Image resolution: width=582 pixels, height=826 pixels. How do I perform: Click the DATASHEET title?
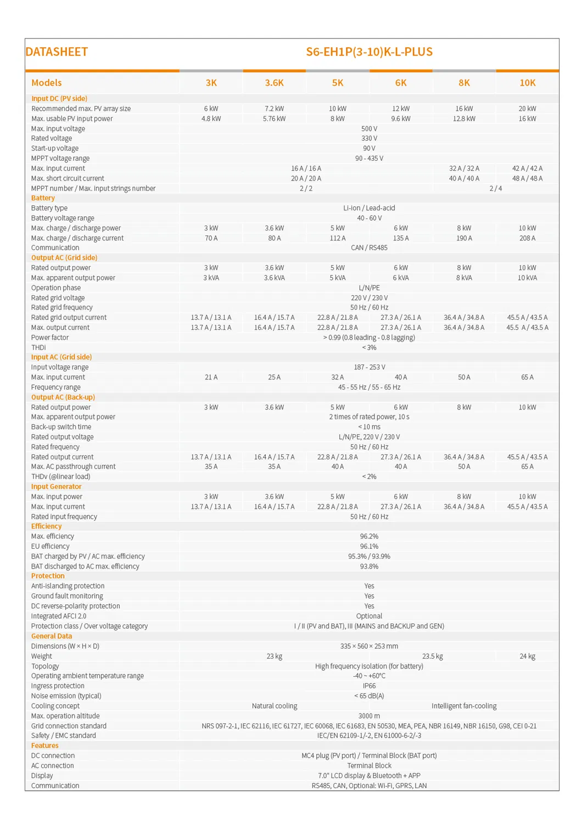(57, 52)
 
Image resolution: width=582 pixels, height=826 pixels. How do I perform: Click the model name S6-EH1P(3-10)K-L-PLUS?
(369, 52)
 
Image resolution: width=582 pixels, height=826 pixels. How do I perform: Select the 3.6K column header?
(274, 83)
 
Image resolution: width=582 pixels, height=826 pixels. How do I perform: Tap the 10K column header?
(527, 83)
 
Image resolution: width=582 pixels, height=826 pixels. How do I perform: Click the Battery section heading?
(43, 198)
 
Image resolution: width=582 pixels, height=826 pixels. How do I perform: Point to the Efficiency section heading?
(46, 526)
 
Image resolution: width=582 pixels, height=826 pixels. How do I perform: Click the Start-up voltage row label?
(55, 148)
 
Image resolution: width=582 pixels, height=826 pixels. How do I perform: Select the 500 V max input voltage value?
(369, 128)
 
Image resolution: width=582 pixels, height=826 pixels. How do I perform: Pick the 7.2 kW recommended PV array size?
(274, 109)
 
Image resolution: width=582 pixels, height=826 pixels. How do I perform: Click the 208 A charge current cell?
(527, 238)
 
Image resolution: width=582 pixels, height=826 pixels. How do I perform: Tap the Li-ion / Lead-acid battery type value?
(369, 208)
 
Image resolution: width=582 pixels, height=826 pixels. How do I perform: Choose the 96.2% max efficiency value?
(369, 536)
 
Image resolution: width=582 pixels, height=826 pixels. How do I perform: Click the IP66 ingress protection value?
(369, 686)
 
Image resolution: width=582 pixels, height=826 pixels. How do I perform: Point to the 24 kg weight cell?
(527, 656)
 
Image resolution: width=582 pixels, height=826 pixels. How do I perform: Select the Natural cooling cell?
(274, 706)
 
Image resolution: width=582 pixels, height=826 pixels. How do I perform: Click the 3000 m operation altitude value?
(369, 716)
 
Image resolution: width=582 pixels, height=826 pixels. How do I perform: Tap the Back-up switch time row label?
(61, 427)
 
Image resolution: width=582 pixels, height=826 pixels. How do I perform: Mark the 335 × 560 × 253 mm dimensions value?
(369, 646)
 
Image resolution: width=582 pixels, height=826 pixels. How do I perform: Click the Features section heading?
(44, 746)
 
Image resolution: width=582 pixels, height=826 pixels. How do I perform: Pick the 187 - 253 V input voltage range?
(369, 367)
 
